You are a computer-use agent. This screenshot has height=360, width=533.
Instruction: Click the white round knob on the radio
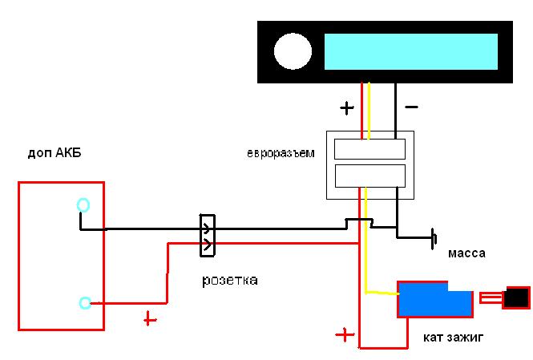point(293,51)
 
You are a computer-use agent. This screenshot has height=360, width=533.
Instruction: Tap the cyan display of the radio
point(411,51)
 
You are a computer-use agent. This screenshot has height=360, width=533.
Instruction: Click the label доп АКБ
point(55,153)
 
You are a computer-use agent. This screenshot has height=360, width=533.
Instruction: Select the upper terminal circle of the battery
point(83,205)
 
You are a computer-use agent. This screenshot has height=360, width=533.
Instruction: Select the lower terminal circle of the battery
point(85,302)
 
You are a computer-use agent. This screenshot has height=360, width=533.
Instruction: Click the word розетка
point(230,281)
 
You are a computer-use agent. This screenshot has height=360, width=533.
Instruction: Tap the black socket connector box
point(208,236)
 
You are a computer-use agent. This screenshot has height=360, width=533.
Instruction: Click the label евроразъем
point(281,153)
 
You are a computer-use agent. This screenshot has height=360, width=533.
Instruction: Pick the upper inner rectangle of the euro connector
point(369,149)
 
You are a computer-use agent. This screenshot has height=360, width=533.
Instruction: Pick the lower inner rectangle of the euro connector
point(370,176)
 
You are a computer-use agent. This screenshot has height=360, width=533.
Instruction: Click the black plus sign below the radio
point(347,108)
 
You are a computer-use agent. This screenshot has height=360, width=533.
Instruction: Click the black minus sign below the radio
point(411,107)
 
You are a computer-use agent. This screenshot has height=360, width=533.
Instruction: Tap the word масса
point(466,253)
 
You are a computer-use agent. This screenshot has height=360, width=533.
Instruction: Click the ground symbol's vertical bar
point(433,239)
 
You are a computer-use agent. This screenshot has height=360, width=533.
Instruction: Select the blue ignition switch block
point(435,300)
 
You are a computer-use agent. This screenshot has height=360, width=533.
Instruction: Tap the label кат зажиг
point(453,338)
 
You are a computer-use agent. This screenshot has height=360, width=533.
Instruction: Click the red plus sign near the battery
point(150,319)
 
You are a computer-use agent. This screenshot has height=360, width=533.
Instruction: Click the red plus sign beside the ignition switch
point(345,335)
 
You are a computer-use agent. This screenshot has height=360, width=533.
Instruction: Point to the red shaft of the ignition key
point(491,298)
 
